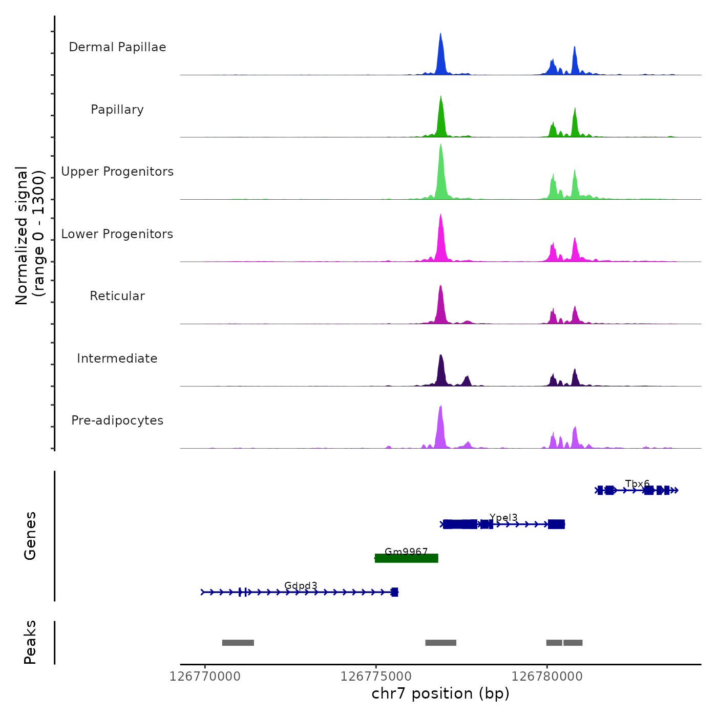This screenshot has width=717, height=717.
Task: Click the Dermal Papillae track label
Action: (117, 47)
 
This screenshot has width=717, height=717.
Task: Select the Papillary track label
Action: (117, 110)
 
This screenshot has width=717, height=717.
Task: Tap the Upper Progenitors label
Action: (117, 172)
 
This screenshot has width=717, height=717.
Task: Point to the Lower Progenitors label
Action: (117, 234)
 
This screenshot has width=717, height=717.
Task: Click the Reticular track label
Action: (117, 296)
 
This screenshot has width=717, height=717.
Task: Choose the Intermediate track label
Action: (117, 358)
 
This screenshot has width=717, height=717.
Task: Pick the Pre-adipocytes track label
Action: (117, 420)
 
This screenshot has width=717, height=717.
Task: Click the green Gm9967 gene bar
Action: (407, 558)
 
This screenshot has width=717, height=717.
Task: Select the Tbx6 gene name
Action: (637, 484)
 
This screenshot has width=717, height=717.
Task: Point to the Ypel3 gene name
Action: (503, 518)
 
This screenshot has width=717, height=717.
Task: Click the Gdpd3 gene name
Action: (301, 586)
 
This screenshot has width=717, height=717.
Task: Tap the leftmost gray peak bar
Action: (238, 643)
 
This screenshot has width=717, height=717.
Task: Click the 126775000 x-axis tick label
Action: (376, 677)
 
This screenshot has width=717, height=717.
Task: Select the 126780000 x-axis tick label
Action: (547, 677)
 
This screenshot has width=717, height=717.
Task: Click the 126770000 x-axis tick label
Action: (205, 677)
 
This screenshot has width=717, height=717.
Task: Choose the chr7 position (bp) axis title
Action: (440, 693)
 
